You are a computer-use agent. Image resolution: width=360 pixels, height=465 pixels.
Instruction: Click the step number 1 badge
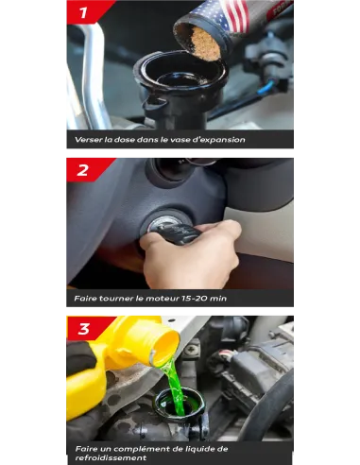[84, 12]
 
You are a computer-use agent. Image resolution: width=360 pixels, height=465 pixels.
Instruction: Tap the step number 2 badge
[83, 170]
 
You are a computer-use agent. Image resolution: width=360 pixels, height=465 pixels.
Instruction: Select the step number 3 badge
[84, 329]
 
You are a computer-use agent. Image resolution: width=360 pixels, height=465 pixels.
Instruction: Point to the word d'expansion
[223, 140]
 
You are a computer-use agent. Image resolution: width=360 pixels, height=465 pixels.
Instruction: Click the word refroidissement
[111, 457]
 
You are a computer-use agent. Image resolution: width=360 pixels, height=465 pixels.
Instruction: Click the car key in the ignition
[178, 233]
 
